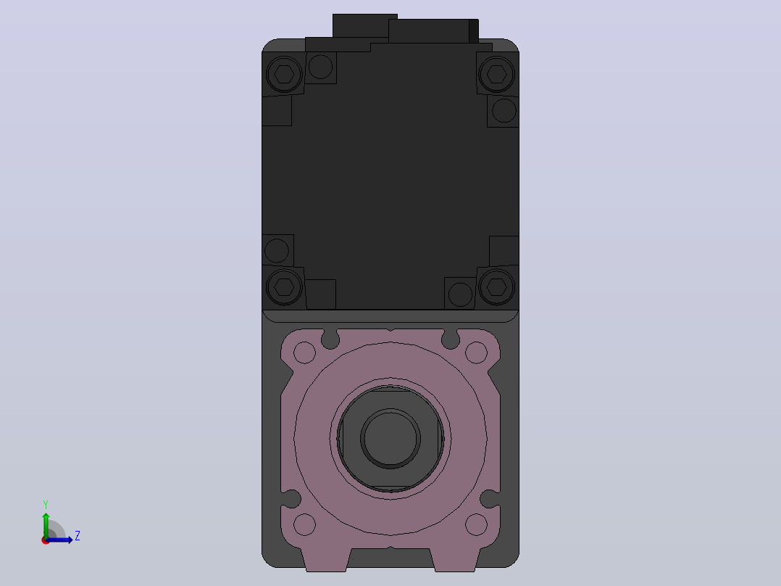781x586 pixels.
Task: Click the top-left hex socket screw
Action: click(x=284, y=74)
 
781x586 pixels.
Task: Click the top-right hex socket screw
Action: click(x=496, y=74)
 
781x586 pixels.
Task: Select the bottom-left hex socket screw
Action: click(x=284, y=286)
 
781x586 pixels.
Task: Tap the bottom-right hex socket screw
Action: click(x=496, y=286)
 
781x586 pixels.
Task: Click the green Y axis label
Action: click(x=46, y=505)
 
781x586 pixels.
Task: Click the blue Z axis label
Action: click(x=78, y=536)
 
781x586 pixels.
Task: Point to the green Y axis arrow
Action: click(x=46, y=526)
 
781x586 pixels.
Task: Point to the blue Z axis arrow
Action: click(x=59, y=540)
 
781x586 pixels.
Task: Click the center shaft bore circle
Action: click(x=390, y=439)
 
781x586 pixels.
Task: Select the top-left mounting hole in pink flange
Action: click(x=304, y=352)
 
